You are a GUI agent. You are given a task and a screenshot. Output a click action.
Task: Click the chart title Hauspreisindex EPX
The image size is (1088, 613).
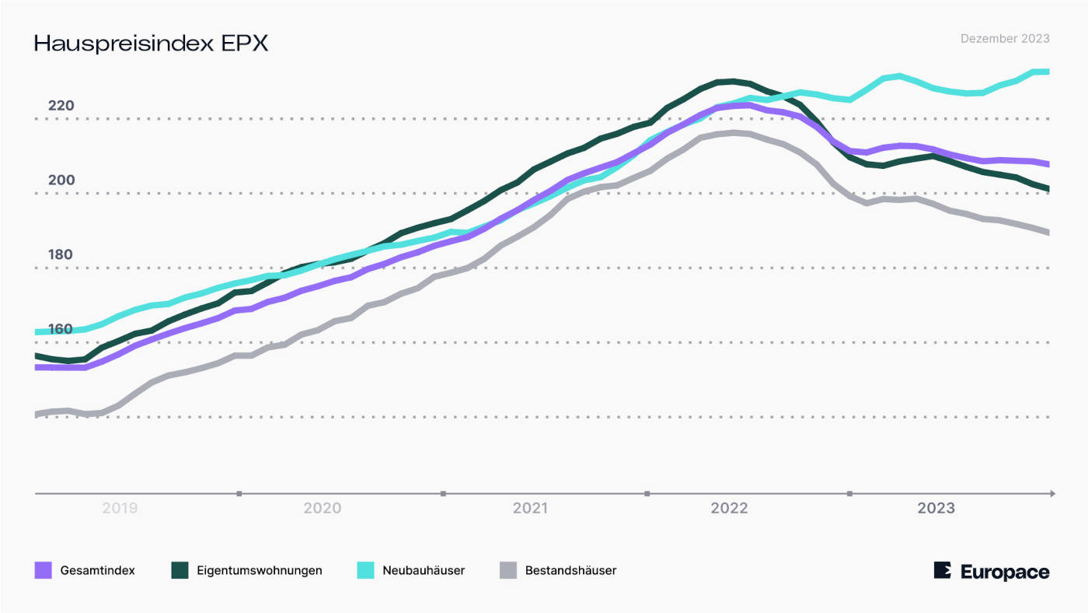(151, 44)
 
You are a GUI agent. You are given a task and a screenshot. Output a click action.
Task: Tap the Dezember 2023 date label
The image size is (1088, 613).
(1005, 39)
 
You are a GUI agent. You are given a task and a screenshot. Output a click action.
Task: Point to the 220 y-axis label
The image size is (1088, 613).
(61, 106)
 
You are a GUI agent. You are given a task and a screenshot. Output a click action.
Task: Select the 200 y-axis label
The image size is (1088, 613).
(61, 180)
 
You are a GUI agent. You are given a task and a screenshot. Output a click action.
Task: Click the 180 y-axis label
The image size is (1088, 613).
(61, 255)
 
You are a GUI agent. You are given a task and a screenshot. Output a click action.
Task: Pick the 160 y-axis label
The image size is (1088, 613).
(61, 329)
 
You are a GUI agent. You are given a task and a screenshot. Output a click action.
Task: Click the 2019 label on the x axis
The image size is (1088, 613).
(120, 509)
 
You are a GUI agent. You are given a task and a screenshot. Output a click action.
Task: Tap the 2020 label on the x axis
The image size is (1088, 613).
(323, 509)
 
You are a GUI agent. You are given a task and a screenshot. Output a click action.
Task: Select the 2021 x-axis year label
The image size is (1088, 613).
(529, 509)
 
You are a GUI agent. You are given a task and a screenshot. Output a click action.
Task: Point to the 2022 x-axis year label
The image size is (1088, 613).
(729, 509)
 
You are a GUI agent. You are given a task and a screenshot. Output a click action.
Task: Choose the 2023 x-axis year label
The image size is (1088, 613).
(936, 509)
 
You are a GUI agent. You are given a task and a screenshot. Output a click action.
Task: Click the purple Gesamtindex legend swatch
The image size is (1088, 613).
(44, 570)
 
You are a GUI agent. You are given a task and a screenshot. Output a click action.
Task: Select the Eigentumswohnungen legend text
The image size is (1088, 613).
(260, 570)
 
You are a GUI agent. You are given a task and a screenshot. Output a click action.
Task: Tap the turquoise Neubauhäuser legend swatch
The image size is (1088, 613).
(365, 570)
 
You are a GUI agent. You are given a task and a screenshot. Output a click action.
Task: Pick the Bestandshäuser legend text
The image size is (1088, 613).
(570, 570)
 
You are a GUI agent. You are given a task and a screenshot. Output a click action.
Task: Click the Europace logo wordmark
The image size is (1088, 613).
(1004, 572)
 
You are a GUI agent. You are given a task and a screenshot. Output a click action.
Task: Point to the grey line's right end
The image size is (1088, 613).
(1048, 233)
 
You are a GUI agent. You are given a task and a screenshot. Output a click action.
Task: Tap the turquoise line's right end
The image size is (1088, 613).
(1048, 72)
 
